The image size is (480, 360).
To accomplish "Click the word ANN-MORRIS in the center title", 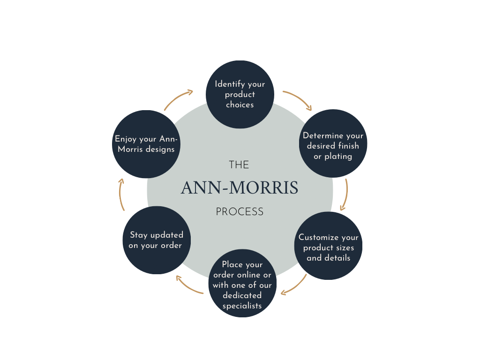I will [240, 188].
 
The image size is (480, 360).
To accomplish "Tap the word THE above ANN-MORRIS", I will [239, 165].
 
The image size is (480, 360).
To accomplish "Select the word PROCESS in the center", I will [240, 212].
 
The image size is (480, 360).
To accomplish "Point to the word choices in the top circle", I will [240, 105].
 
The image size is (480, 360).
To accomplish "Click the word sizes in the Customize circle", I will [345, 247].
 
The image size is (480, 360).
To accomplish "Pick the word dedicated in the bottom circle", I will [242, 295].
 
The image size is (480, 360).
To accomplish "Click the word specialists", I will [242, 306].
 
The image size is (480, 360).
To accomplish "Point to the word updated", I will [166, 235].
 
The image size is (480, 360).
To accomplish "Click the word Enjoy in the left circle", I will [126, 139].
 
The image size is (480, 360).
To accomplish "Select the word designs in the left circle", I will [159, 150].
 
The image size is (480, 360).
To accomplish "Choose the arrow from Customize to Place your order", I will [295, 286].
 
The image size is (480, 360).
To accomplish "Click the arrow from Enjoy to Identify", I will [179, 99].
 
